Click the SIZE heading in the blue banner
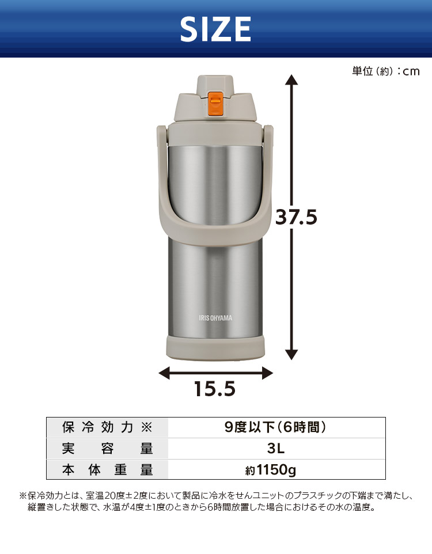215,29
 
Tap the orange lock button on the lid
215,104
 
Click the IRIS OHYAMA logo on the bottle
215,318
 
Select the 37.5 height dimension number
296,217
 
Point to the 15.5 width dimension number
215,389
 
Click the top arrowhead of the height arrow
291,79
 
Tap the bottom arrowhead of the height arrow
291,354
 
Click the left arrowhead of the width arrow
164,373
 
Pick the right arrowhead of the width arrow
267,373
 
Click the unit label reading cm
411,71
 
